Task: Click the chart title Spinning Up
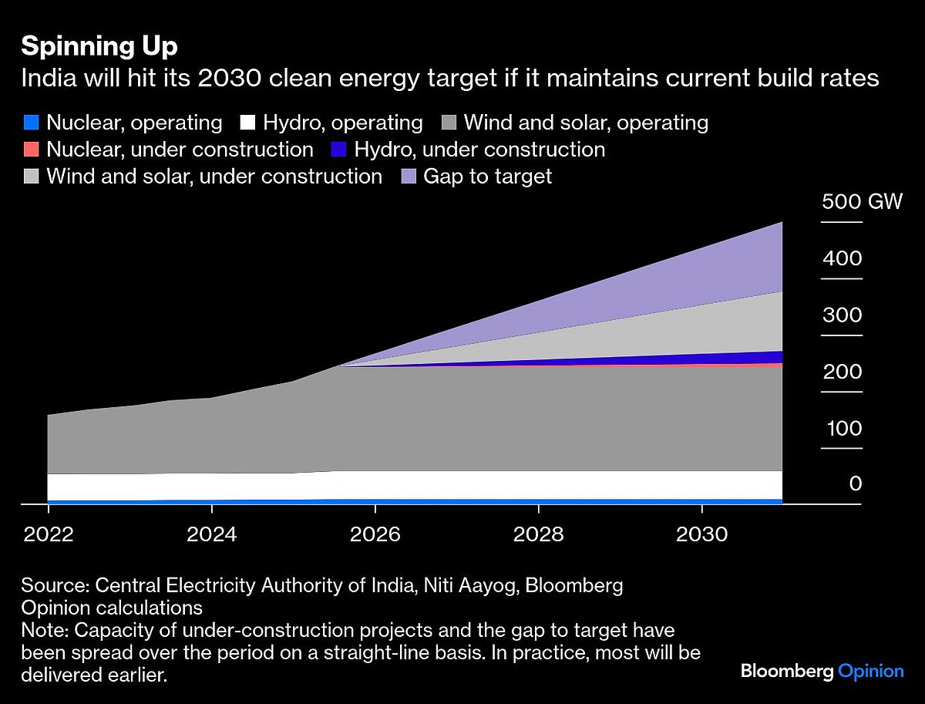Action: point(99,47)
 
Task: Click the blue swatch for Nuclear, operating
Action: point(31,123)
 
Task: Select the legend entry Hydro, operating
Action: point(331,123)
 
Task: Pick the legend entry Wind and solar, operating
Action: point(575,123)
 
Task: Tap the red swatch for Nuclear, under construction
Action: point(31,150)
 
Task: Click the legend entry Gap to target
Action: point(476,177)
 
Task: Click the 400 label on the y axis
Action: point(842,258)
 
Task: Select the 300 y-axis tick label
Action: point(842,315)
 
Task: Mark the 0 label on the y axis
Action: point(855,484)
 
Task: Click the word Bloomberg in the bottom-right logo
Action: point(787,671)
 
